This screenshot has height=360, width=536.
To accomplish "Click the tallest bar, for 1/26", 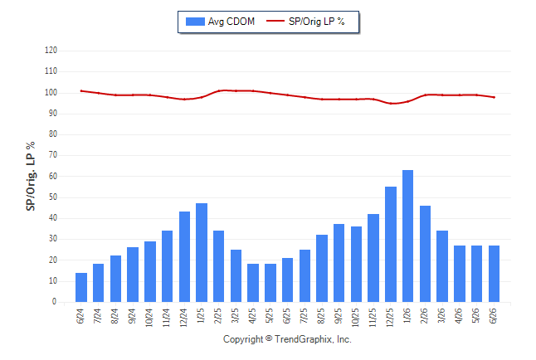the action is click(x=407, y=236).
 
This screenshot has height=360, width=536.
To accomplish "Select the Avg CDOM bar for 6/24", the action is click(x=81, y=288).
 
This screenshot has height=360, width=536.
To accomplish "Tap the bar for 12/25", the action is click(x=391, y=244).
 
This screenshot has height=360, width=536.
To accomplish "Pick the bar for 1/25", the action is click(x=202, y=253).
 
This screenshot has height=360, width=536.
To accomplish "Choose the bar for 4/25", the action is click(x=253, y=283).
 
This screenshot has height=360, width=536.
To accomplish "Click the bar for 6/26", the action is click(x=494, y=274).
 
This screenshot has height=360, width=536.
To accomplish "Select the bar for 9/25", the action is click(x=339, y=263).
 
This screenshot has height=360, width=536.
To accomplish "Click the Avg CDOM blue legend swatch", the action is click(x=195, y=22).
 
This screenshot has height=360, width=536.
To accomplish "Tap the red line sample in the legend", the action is click(x=275, y=21).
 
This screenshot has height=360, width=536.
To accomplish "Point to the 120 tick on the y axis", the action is click(x=51, y=51).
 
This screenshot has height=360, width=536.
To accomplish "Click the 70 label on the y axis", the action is click(x=52, y=155).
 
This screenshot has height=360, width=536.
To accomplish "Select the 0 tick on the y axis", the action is click(x=55, y=302).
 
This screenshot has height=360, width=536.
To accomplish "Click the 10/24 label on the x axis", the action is click(x=149, y=318).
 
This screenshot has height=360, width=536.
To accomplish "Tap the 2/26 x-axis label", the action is click(x=424, y=316).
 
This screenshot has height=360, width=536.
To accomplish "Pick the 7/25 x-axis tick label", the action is click(x=305, y=316).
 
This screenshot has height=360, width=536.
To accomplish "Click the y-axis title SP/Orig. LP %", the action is click(x=31, y=176).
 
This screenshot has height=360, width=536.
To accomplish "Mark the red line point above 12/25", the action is click(x=391, y=103).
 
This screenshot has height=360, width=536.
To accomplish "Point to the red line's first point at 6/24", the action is click(x=81, y=91).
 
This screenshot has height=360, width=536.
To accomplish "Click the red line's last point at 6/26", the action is click(x=494, y=97).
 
